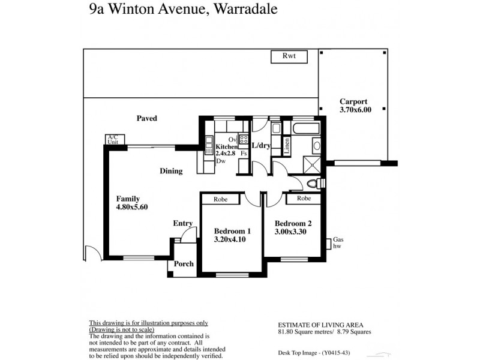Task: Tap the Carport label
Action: coord(353,102)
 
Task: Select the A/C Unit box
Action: coord(112,140)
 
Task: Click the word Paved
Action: coord(146,119)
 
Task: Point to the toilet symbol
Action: coord(311,184)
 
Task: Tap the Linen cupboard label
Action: coord(287,146)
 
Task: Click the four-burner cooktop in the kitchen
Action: coord(244,140)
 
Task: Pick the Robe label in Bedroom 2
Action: coord(304,199)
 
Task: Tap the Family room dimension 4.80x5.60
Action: coord(132,207)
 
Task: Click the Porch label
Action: coord(183,264)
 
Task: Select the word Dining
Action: coord(171,171)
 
